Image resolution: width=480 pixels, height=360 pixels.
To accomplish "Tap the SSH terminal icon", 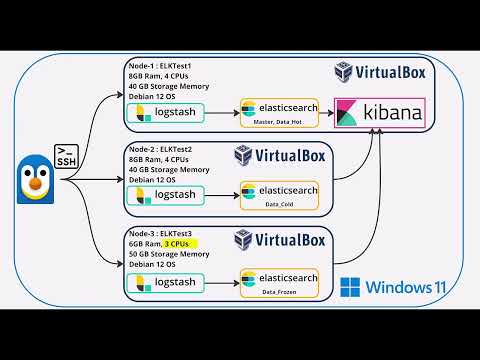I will pyautogui.click(x=64, y=154).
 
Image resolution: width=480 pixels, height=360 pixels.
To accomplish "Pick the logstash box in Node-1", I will pyautogui.click(x=165, y=112).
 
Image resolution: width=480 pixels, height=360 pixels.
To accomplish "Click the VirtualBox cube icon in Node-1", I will pyautogui.click(x=343, y=72).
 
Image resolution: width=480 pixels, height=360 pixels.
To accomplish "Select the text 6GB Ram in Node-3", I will pyautogui.click(x=144, y=243).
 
